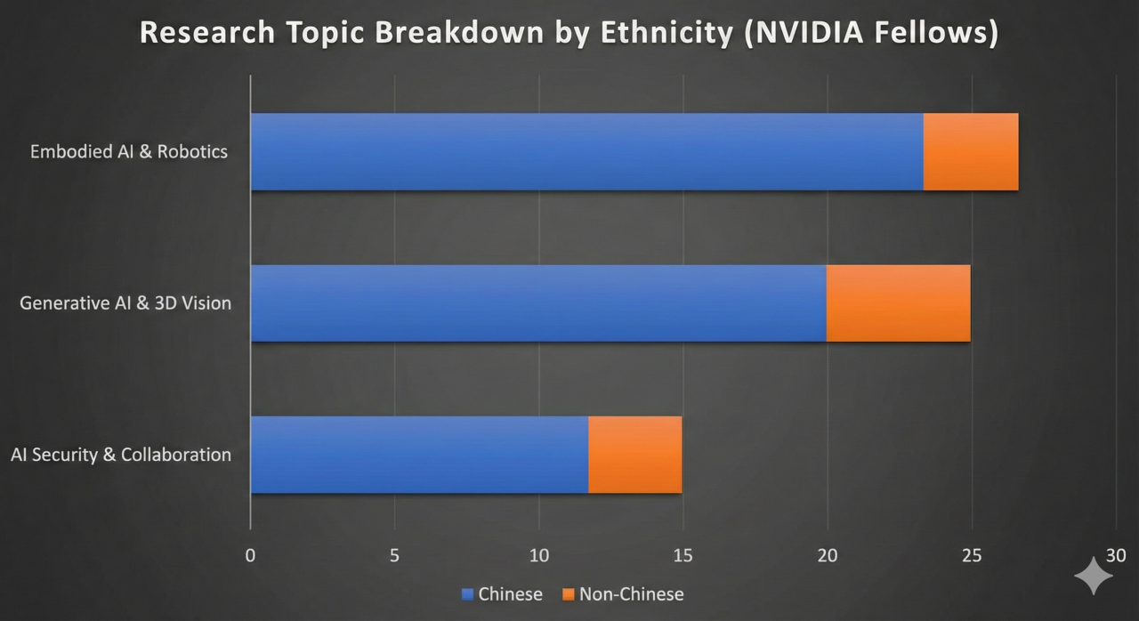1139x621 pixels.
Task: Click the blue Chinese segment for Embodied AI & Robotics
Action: (x=586, y=151)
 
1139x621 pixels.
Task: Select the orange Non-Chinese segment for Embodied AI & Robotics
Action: (x=970, y=151)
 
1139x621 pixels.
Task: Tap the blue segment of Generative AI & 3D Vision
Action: (x=538, y=302)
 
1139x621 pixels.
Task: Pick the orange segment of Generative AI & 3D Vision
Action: (x=898, y=302)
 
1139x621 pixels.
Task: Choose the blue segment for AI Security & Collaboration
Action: (x=419, y=455)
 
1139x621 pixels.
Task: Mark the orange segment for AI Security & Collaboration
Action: (x=634, y=455)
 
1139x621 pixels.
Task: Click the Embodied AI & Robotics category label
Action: (x=129, y=151)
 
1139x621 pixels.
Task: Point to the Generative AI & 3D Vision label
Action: (x=125, y=303)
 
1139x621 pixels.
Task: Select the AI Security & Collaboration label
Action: (x=121, y=455)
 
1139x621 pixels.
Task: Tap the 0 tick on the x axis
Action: (x=250, y=556)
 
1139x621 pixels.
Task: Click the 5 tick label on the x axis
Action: (x=394, y=556)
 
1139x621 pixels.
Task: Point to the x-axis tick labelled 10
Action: (x=538, y=556)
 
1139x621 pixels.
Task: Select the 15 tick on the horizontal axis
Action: (x=683, y=556)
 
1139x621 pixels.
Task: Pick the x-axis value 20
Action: (x=828, y=556)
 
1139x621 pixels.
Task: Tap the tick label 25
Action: (x=972, y=556)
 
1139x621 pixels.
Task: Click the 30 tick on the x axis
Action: (x=1116, y=556)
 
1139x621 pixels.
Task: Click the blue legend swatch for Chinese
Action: (x=467, y=594)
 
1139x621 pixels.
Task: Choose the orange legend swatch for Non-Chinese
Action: (x=568, y=594)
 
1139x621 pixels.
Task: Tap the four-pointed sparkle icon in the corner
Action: (x=1094, y=576)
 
